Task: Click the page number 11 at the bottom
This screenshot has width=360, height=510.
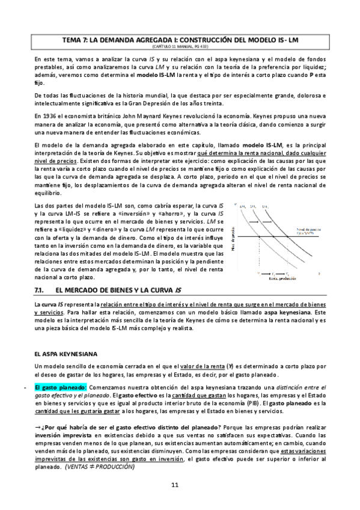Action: (x=175, y=485)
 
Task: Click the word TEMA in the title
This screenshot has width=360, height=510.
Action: (x=73, y=40)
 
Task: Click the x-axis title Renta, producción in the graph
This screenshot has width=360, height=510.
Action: (x=278, y=277)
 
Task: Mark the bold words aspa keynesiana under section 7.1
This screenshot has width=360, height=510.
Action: (x=288, y=313)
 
